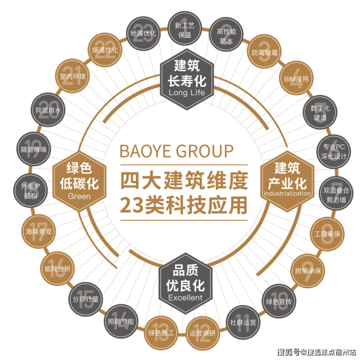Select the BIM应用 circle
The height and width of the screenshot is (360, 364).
point(296,79)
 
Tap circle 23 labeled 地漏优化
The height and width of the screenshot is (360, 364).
point(143,33)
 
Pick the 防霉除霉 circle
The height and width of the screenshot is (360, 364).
point(265,52)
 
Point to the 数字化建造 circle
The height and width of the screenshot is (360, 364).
point(320,112)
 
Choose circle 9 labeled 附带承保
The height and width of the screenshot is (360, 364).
point(307,270)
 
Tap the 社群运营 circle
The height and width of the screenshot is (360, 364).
point(243,322)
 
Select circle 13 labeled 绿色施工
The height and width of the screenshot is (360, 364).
point(161,333)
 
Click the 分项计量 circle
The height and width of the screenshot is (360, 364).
point(86,299)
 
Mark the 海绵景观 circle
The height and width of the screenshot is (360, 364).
point(38,231)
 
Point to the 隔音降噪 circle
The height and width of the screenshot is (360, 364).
point(33,149)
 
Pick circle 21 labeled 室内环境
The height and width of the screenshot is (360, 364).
point(72,76)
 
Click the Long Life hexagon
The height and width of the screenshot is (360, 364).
point(187,79)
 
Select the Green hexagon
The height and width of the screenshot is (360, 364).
point(79,181)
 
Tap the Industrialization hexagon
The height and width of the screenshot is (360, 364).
point(287,181)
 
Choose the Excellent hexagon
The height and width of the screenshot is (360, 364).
point(185,283)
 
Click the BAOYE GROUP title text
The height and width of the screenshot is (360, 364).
point(177,151)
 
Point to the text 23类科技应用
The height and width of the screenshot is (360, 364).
point(183,205)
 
